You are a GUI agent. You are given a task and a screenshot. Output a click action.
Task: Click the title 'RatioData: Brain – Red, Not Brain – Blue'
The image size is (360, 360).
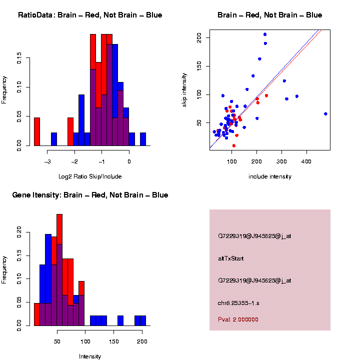coord(90,15)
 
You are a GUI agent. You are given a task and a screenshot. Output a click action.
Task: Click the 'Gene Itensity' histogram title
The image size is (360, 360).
coord(90,195)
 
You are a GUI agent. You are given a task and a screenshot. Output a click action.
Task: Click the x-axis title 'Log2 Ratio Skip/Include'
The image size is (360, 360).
coord(90,176)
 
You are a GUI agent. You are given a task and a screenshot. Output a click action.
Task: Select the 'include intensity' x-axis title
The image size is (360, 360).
coord(269,176)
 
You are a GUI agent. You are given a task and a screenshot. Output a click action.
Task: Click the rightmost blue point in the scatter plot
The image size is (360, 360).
coord(325,114)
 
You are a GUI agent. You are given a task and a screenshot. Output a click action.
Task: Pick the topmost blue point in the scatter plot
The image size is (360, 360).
coord(265,34)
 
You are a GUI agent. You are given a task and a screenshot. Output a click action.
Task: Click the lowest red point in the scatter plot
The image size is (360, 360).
coord(234,145)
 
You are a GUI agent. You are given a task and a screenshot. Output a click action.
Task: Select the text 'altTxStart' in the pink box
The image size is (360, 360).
coord(231,258)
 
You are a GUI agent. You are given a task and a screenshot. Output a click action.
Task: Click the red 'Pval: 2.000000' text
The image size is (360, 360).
coord(238,319)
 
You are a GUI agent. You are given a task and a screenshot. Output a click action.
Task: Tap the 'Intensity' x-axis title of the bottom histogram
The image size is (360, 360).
coord(90,356)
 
